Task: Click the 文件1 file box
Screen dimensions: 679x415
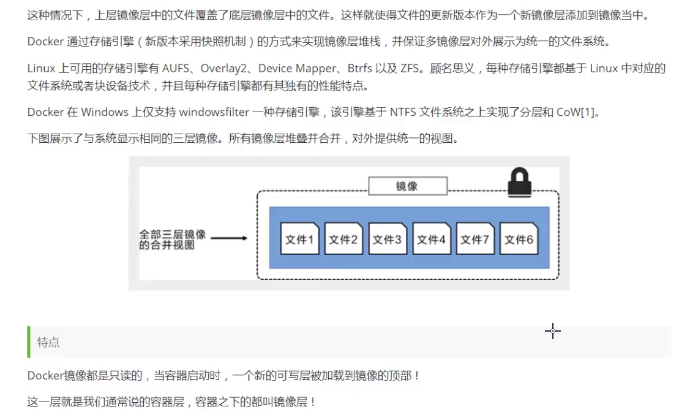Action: (x=299, y=240)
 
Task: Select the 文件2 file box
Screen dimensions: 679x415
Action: (x=343, y=240)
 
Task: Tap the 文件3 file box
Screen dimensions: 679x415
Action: (x=387, y=240)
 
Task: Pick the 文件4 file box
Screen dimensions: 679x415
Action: (x=431, y=240)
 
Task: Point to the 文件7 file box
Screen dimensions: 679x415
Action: (x=475, y=240)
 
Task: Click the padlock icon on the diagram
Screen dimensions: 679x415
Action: (x=519, y=183)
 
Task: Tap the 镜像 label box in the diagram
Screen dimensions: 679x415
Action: (x=407, y=186)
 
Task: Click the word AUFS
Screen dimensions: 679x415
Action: (x=178, y=68)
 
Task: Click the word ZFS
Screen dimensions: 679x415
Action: (x=410, y=68)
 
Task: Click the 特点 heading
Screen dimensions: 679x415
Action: (x=48, y=342)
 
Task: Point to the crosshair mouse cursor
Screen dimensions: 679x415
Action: (x=553, y=331)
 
